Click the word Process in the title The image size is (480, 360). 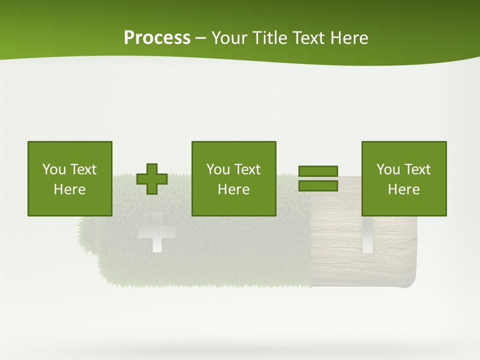(157, 38)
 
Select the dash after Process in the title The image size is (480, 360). (200, 38)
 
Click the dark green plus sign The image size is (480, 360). (152, 178)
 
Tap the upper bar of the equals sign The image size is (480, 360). (318, 171)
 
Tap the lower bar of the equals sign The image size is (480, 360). (318, 185)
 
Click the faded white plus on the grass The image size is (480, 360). (156, 233)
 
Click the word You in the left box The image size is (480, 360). (54, 169)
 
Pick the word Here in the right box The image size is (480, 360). (404, 189)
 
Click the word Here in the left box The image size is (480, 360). (70, 189)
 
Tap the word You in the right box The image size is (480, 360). (388, 169)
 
